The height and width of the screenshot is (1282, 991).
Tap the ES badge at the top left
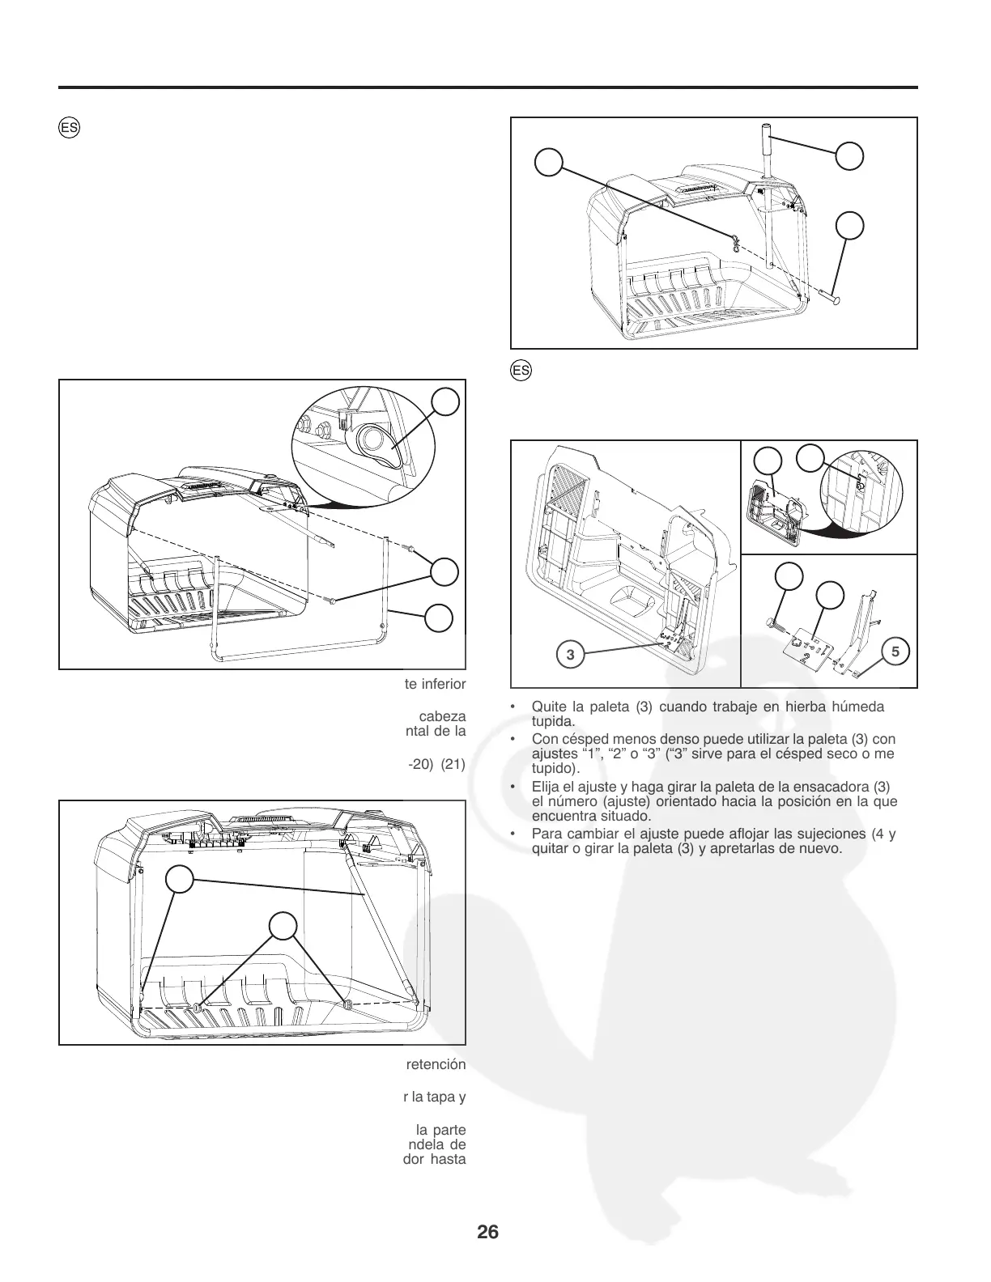pyautogui.click(x=68, y=129)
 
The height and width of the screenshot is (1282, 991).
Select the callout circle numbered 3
pyautogui.click(x=570, y=654)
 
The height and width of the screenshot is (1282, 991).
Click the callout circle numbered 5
pyautogui.click(x=895, y=650)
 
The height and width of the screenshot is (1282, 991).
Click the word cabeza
pyautogui.click(x=441, y=716)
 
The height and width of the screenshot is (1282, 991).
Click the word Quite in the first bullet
pyautogui.click(x=546, y=707)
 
